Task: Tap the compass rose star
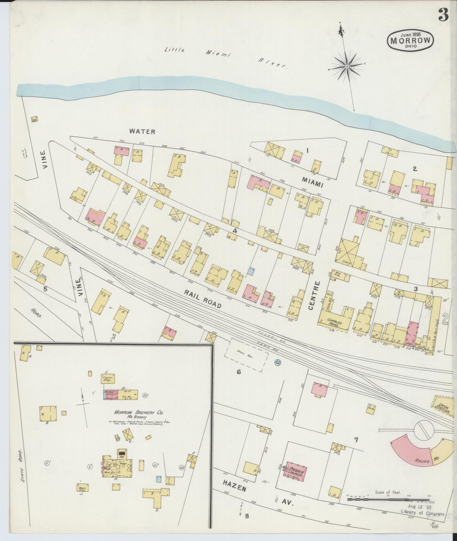347,67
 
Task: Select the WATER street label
142,132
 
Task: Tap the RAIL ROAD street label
203,300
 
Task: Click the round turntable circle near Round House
424,430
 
